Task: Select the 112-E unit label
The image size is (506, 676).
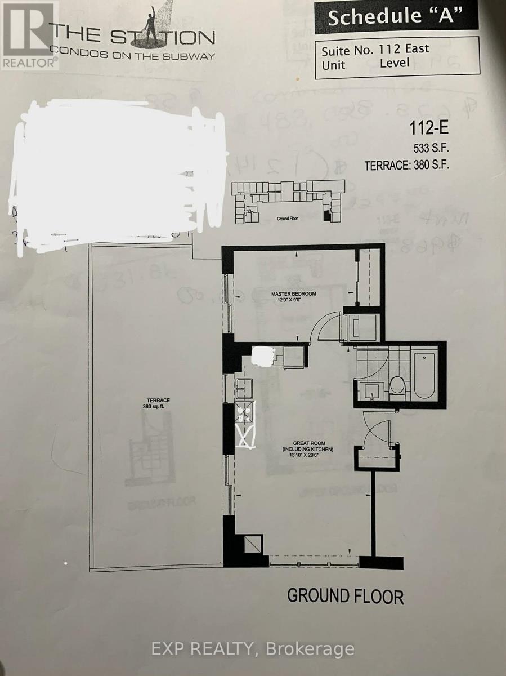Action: (x=428, y=130)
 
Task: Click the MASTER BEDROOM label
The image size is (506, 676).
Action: (x=293, y=293)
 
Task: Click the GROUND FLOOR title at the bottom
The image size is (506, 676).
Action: (x=345, y=596)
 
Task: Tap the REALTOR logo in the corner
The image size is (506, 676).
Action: (x=29, y=35)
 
